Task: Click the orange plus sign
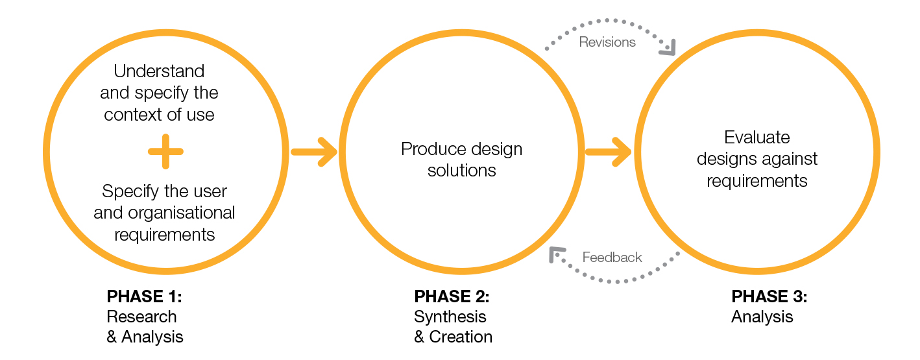(165, 152)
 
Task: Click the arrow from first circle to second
(314, 152)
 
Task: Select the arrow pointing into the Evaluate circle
(609, 152)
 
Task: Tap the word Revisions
(607, 42)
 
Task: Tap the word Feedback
(612, 258)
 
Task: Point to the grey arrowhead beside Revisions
(668, 47)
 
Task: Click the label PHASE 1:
(144, 297)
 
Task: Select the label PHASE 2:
(452, 297)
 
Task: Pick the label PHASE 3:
(769, 297)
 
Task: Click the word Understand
(159, 71)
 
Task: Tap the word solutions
(462, 171)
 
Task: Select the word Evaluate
(757, 138)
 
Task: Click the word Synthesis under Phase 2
(450, 317)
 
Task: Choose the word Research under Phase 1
(141, 317)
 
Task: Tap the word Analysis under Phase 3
(762, 317)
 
